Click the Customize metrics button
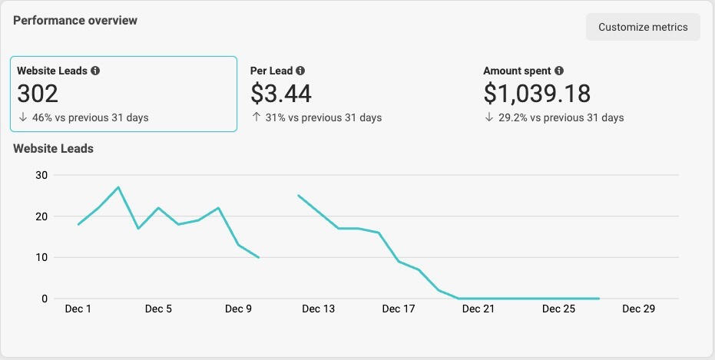point(643,27)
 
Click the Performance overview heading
point(75,21)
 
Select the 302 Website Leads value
point(38,93)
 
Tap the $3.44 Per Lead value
point(281,93)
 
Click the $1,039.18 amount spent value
point(537,93)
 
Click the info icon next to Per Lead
point(300,71)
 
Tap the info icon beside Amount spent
point(559,71)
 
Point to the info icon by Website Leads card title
point(95,71)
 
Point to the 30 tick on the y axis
point(41,175)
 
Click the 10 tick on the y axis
point(41,257)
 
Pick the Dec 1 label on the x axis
point(78,309)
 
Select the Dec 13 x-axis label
point(318,309)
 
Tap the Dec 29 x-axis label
point(638,309)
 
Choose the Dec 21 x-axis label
point(478,309)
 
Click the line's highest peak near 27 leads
point(118,187)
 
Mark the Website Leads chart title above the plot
point(53,148)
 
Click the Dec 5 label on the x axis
point(158,309)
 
